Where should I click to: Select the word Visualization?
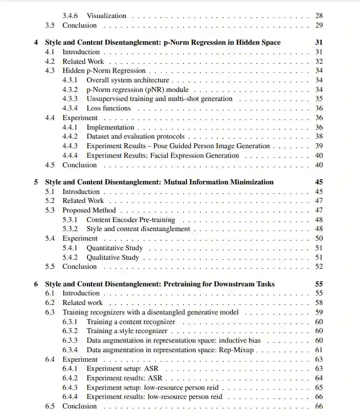pyautogui.click(x=106, y=16)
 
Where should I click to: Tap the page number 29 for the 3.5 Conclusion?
pyautogui.click(x=319, y=25)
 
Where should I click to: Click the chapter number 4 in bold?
pyautogui.click(x=36, y=42)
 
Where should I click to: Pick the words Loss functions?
pyautogui.click(x=109, y=108)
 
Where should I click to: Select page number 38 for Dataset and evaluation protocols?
pyautogui.click(x=319, y=136)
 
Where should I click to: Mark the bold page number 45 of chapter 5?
pyautogui.click(x=319, y=182)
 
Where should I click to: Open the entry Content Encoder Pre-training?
pyautogui.click(x=131, y=220)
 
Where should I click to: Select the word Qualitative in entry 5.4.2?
pyautogui.click(x=104, y=257)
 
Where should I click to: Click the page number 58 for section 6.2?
pyautogui.click(x=319, y=302)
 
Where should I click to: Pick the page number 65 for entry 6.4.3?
pyautogui.click(x=319, y=387)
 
